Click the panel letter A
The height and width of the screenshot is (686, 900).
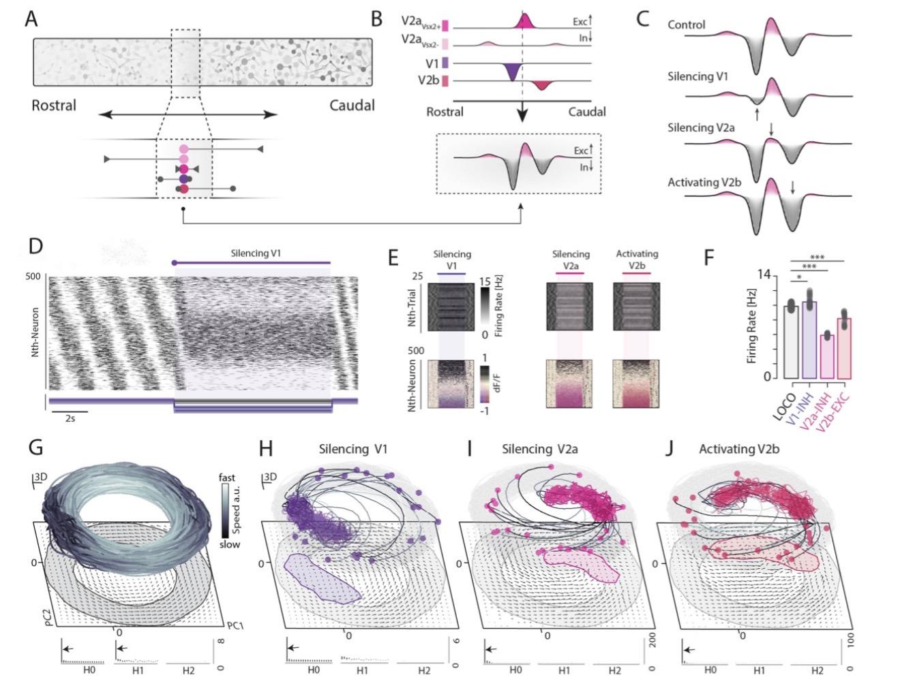tap(31, 19)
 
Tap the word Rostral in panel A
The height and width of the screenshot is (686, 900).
tap(54, 106)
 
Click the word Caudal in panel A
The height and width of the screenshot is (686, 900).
tap(352, 106)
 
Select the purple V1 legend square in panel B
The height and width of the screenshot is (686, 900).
tap(445, 63)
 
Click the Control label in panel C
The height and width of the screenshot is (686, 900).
tap(686, 25)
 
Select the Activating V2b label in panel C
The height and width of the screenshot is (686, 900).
tap(703, 182)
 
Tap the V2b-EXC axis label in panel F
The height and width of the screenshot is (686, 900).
tap(845, 409)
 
